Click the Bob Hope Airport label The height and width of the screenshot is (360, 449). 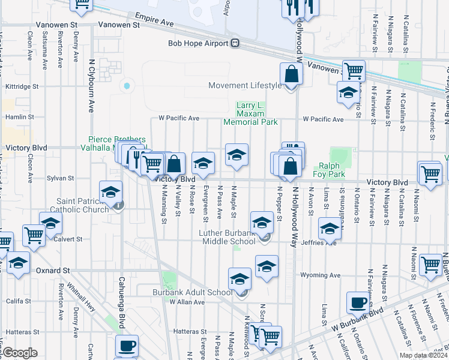tap(198, 43)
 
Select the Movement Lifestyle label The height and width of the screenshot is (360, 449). tap(245, 85)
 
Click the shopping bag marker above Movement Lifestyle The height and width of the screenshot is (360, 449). tap(291, 75)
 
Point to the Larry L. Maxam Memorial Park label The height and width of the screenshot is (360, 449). tap(250, 113)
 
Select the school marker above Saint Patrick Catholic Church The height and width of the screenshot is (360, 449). tap(110, 193)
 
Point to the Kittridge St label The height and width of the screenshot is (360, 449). tap(22, 86)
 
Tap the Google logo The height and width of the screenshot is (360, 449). tap(20, 353)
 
